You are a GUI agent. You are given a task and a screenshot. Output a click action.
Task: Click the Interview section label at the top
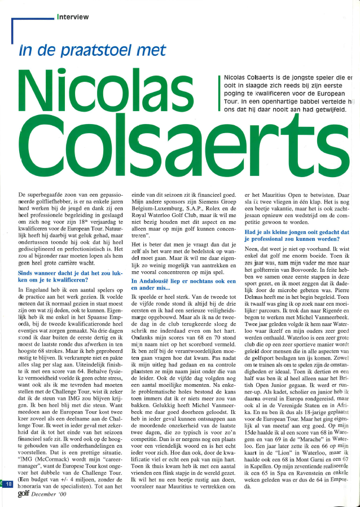tap(73, 17)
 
